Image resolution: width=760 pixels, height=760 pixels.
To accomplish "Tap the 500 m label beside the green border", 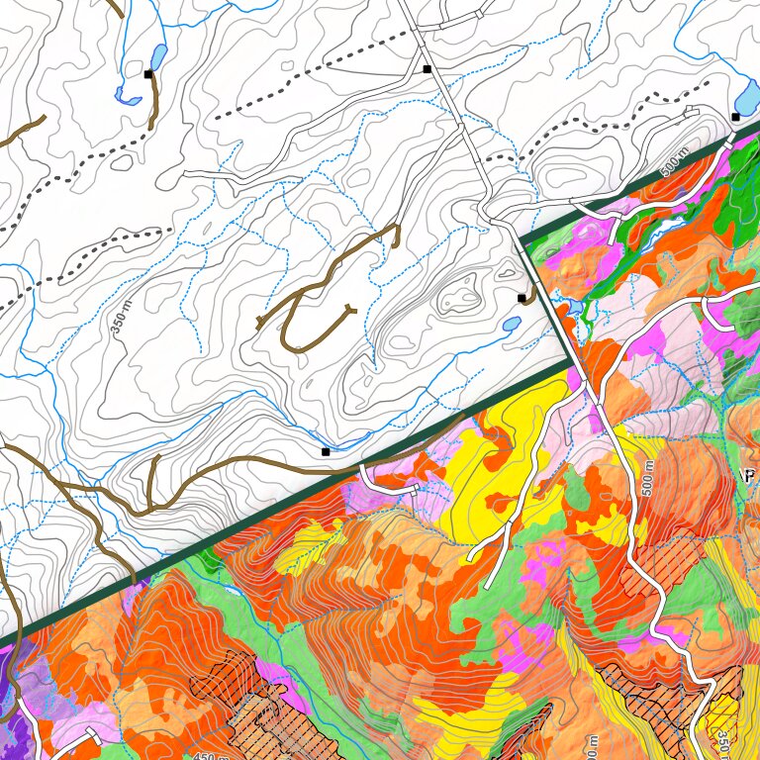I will click(x=675, y=162).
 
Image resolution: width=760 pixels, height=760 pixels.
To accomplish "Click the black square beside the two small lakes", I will click(x=148, y=74).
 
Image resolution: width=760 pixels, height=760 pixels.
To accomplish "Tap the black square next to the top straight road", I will click(x=427, y=69).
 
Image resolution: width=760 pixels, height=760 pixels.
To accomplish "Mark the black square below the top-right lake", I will click(x=735, y=117).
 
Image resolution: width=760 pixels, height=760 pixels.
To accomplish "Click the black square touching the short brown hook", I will click(x=522, y=298).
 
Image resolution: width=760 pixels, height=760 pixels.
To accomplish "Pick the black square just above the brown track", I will click(x=325, y=452).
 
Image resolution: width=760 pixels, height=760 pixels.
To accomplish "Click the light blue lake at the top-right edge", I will click(x=748, y=96).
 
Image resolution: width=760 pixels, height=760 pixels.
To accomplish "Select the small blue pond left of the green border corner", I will click(x=512, y=324).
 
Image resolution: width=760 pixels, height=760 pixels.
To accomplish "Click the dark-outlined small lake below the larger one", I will click(x=128, y=96).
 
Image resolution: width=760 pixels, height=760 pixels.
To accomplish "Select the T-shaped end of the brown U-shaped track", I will click(x=260, y=322).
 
